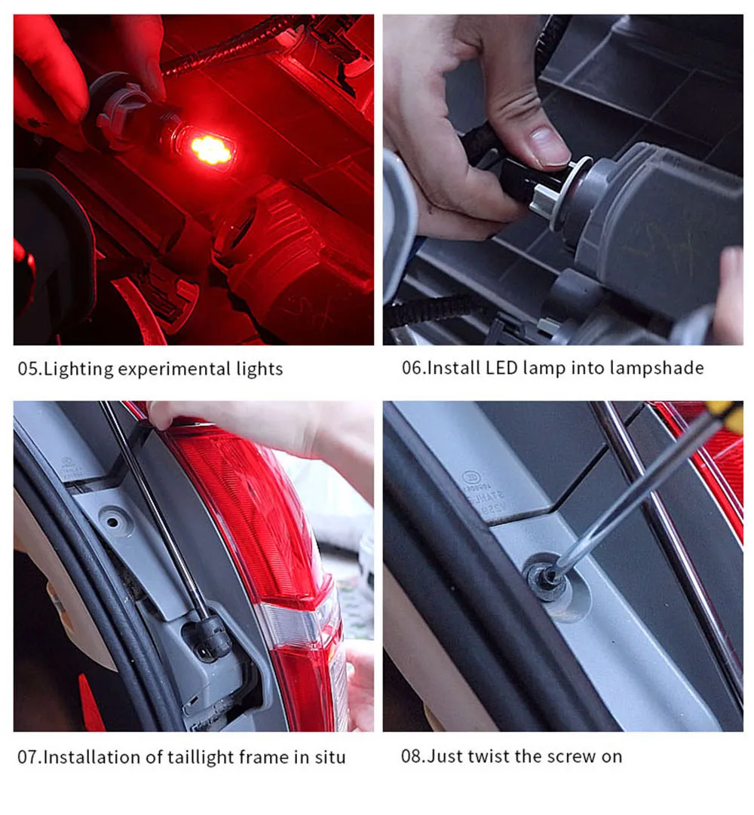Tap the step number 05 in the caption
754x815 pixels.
pyautogui.click(x=29, y=369)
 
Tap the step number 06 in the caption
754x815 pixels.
pyautogui.click(x=413, y=367)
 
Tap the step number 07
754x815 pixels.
pyautogui.click(x=29, y=757)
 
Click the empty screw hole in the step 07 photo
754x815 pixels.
pyautogui.click(x=112, y=520)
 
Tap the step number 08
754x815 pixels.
pyautogui.click(x=412, y=755)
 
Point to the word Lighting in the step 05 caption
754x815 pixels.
pyautogui.click(x=78, y=369)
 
